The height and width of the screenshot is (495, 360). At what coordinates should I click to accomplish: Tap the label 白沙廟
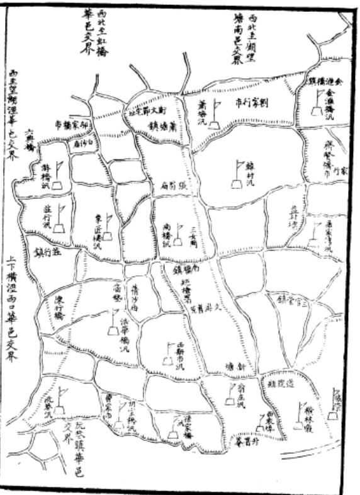point(83,142)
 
